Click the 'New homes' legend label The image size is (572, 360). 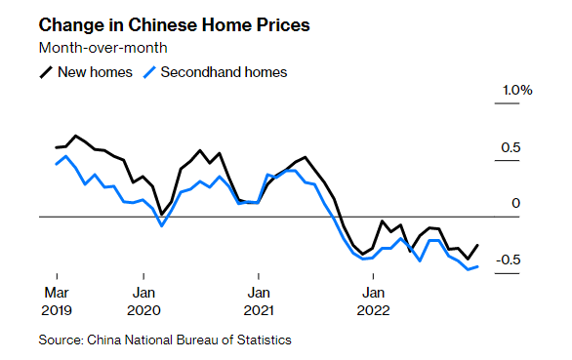(x=95, y=72)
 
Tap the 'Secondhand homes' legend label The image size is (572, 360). (x=224, y=72)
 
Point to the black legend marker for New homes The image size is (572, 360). (x=46, y=72)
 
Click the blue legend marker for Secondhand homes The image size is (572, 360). (x=149, y=72)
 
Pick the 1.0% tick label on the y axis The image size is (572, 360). (x=516, y=91)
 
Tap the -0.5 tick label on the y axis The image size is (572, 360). (x=511, y=260)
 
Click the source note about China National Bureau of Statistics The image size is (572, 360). (x=165, y=340)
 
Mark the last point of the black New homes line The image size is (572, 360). (x=477, y=245)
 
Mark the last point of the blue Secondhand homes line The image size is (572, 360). (x=477, y=266)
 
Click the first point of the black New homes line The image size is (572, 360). (x=56, y=147)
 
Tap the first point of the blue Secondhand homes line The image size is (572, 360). (x=56, y=164)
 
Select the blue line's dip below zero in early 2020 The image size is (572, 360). (x=162, y=225)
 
